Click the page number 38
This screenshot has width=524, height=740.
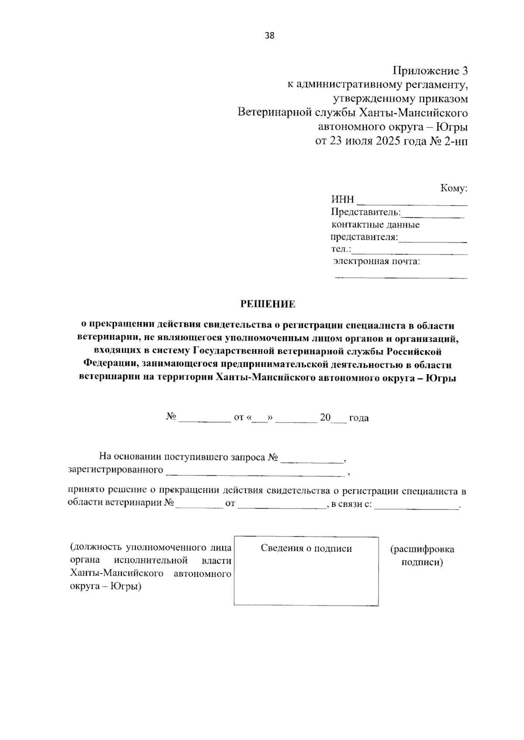tap(269, 36)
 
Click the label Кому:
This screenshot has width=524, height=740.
tap(454, 189)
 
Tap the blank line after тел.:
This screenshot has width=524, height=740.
tap(409, 252)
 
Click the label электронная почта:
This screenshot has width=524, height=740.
tap(377, 262)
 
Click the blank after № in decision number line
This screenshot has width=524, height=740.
tap(204, 420)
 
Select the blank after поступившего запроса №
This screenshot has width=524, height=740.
tap(312, 460)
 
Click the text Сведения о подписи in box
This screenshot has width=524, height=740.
tap(306, 548)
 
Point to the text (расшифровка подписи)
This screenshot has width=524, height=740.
tap(422, 555)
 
